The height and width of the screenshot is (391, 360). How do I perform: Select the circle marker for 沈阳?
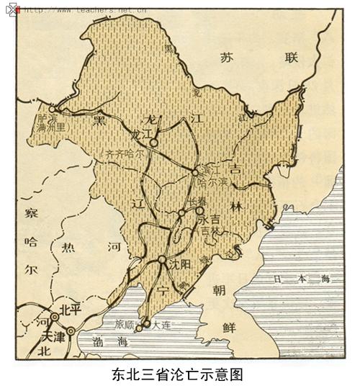point(163,259)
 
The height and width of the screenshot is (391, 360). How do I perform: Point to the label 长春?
point(196,201)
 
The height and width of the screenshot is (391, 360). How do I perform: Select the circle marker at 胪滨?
point(53,109)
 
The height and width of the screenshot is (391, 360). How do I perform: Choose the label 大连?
point(162,325)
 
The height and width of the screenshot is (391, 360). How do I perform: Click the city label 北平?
point(71,310)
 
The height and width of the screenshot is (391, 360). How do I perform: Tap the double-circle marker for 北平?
point(55,316)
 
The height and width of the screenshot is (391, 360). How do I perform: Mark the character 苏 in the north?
point(228,57)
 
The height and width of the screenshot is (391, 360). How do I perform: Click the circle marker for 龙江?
point(153,143)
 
